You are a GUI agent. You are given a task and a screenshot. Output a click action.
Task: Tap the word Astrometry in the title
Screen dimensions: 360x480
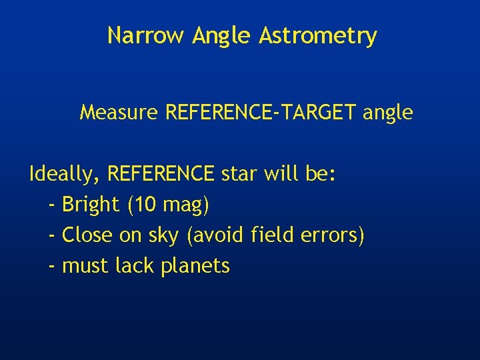pos(318,37)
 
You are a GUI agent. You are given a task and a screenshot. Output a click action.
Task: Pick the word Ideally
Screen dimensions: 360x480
pos(65,175)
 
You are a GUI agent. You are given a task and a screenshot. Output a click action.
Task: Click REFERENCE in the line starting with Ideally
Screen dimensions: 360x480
pos(161,174)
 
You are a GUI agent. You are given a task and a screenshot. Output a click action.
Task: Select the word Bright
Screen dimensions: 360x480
pos(91,205)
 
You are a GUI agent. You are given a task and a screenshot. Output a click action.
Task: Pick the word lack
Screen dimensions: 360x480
pos(135,265)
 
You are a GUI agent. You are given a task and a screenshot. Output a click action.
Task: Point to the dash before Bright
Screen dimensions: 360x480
pos(53,206)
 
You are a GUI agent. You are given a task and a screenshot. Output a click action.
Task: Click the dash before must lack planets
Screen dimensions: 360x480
pos(53,267)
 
